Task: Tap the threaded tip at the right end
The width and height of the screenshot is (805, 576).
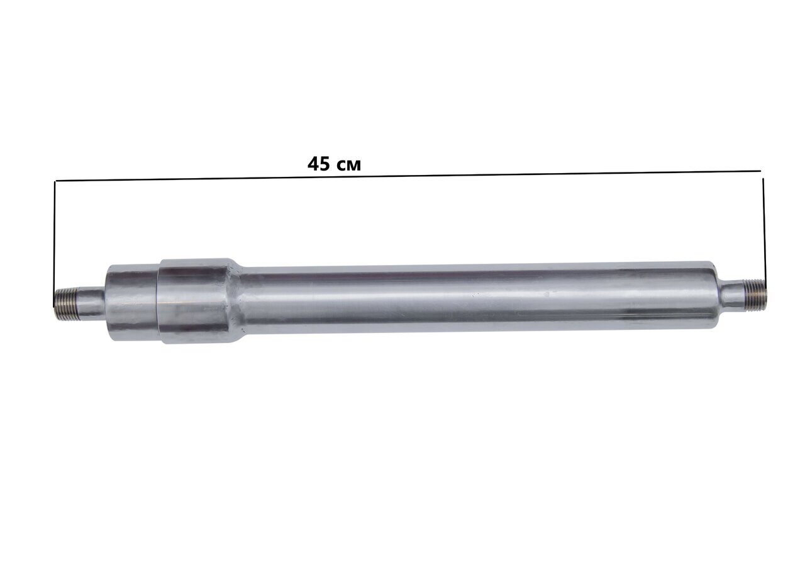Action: tap(756, 292)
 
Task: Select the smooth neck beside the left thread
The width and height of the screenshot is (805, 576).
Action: tap(91, 303)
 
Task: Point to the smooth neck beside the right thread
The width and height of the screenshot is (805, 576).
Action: tap(733, 294)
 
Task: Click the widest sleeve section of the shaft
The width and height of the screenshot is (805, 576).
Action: tap(194, 301)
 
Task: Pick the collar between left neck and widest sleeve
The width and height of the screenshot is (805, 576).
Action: tap(133, 303)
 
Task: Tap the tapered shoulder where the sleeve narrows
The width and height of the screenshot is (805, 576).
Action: tap(237, 300)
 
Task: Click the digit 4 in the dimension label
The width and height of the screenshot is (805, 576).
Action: tap(313, 164)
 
